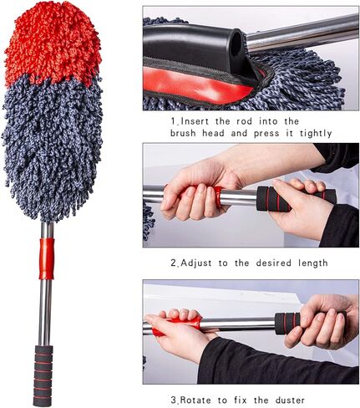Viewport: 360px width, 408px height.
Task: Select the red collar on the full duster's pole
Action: coord(47,258)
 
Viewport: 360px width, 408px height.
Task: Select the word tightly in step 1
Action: coord(310,133)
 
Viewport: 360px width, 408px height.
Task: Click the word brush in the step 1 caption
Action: coord(186,133)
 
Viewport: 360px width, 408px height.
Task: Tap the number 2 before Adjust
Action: coord(174,263)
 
